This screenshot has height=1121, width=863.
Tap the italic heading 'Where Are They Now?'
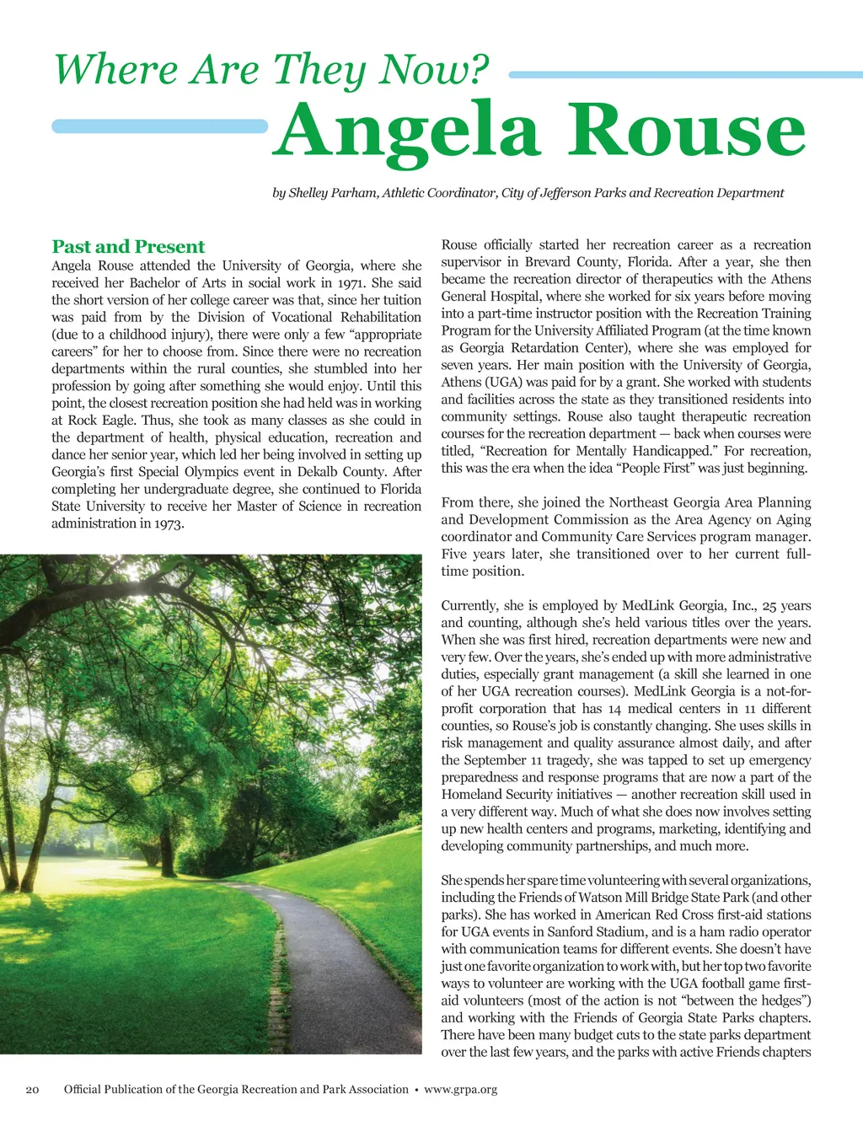271,69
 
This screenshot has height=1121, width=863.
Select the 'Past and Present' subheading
128,246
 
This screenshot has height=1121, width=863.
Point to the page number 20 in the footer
33,1089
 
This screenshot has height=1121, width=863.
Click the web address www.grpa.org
460,1089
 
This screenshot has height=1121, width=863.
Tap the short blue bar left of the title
159,126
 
